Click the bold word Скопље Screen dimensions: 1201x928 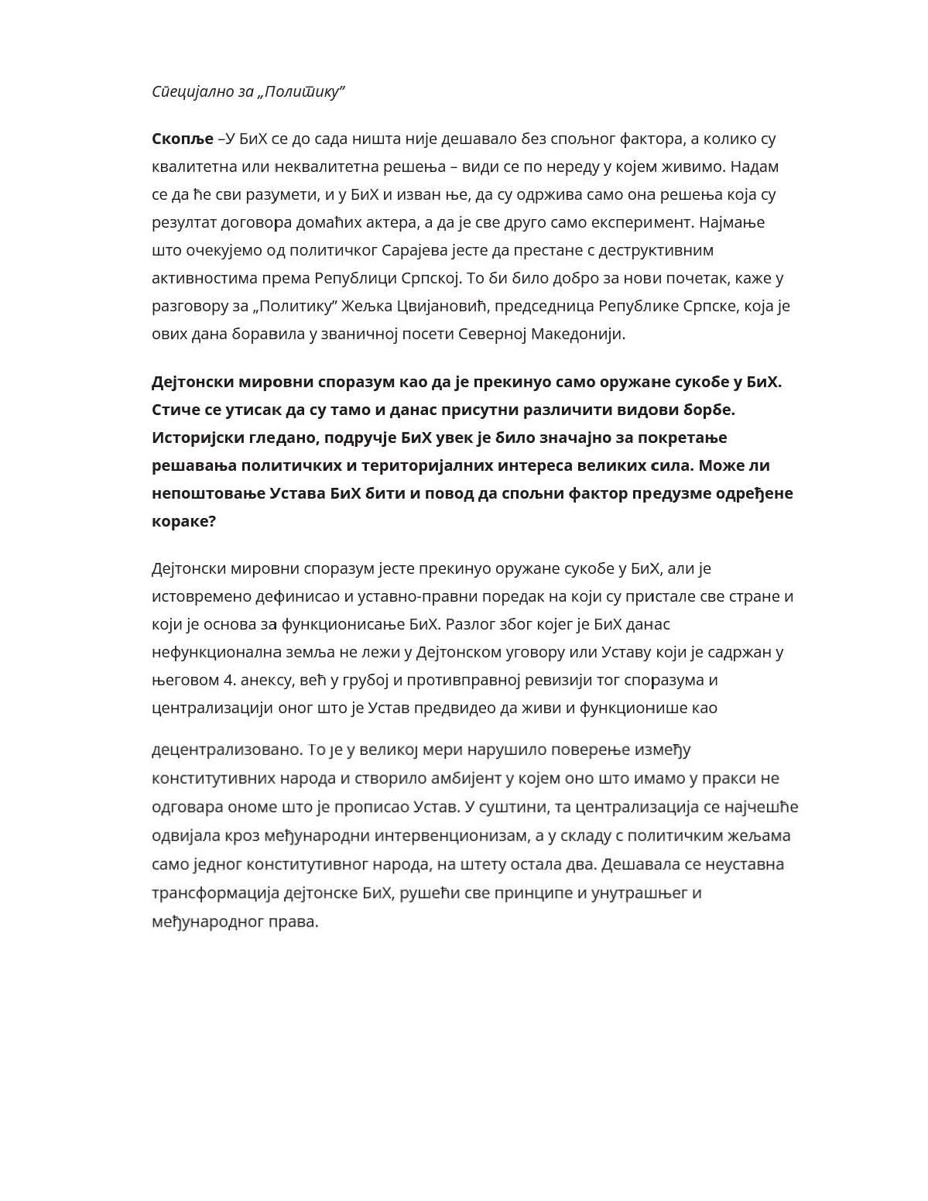[x=182, y=139]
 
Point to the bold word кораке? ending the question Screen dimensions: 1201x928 [x=184, y=521]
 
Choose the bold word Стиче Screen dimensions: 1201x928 [x=173, y=410]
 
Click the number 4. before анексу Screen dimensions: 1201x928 [x=229, y=681]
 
